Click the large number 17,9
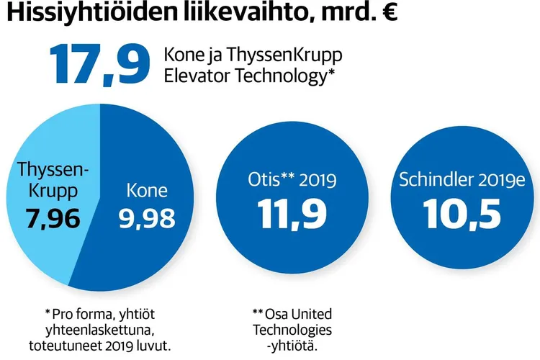[x=99, y=63]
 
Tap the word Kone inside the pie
[x=147, y=191]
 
